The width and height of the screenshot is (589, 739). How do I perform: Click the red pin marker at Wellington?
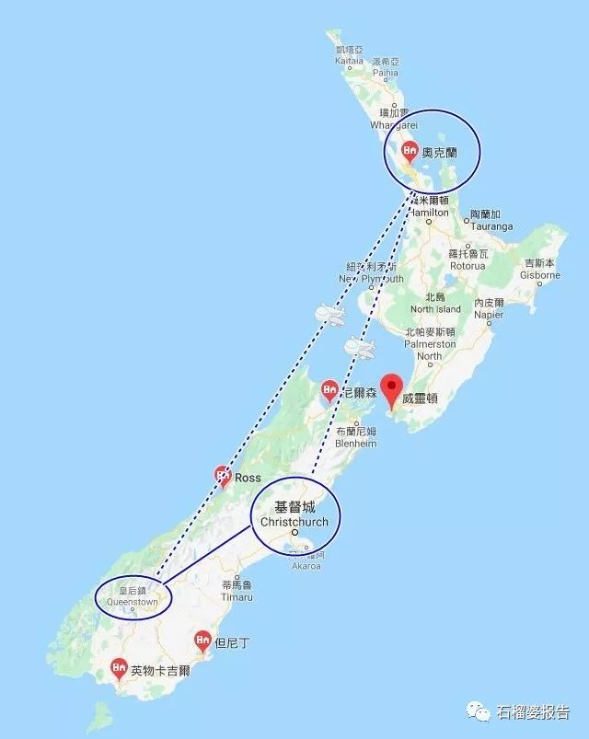point(394,389)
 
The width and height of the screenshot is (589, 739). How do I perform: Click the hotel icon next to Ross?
point(223,475)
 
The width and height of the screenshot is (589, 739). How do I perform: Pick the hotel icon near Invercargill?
point(119,667)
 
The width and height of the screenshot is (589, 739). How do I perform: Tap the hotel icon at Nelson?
point(329,391)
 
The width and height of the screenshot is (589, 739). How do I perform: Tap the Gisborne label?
point(540,274)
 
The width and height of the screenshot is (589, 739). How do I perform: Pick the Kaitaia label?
point(349,60)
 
